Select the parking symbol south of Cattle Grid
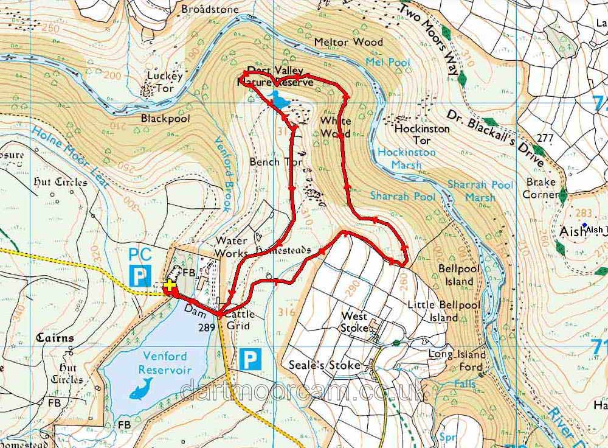coord(249,359)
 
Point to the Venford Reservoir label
coord(165,363)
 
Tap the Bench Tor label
coord(273,162)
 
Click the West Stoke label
coord(355,321)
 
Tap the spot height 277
coord(545,138)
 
